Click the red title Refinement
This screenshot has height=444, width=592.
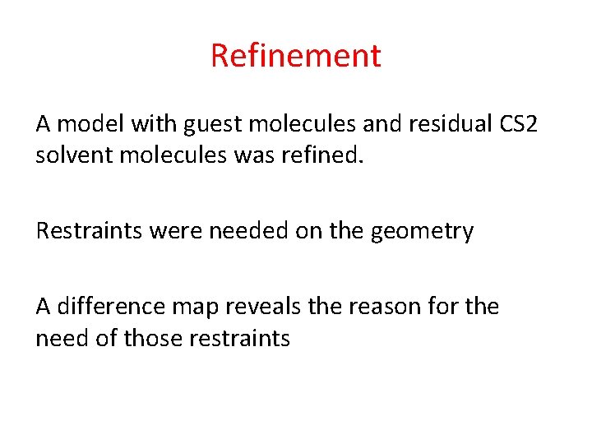[x=296, y=56]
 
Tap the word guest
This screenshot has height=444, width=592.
[x=210, y=125]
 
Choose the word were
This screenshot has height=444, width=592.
[x=178, y=231]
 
